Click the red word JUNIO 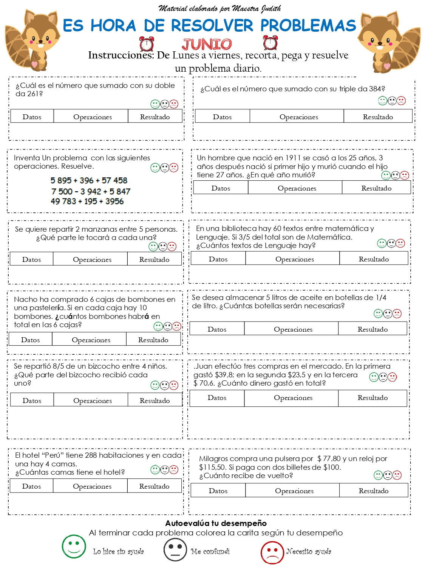207,45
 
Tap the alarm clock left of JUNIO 147,44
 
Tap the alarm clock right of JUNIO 270,43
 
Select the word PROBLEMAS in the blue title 308,26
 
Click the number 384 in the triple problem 375,89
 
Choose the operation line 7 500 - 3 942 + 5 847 91,191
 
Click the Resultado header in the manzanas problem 154,260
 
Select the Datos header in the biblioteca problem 218,259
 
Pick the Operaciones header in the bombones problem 91,340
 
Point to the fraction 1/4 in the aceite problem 381,297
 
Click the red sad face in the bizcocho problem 174,385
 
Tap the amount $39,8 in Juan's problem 225,375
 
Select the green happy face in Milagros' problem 378,475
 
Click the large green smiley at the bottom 74,546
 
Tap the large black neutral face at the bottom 175,550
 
